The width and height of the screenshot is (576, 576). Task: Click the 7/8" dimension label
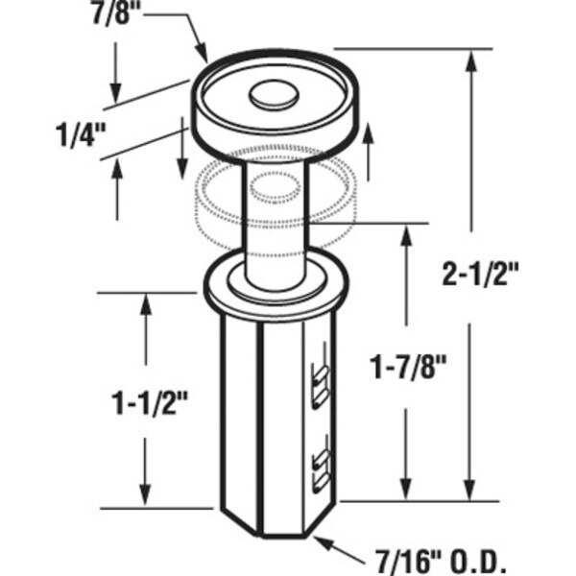click(111, 12)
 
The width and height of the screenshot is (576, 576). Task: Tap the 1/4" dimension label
click(81, 135)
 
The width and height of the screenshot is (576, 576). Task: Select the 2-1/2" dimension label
click(480, 275)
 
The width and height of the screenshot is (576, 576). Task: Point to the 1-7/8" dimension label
click(409, 368)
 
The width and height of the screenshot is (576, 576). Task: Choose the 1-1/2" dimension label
click(150, 403)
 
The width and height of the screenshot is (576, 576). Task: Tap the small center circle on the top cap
click(274, 94)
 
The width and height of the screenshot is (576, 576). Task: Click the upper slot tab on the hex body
click(321, 386)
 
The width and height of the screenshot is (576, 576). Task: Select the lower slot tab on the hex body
click(321, 472)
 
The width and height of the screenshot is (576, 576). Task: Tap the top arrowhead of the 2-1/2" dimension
click(471, 61)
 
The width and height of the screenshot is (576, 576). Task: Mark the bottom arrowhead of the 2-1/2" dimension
click(468, 490)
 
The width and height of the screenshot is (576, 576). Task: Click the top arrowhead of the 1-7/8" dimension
click(405, 236)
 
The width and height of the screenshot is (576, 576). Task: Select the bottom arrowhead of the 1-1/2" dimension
click(146, 494)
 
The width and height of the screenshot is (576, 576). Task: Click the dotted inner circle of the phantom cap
click(275, 187)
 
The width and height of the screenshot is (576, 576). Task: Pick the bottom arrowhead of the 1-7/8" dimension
click(405, 490)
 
